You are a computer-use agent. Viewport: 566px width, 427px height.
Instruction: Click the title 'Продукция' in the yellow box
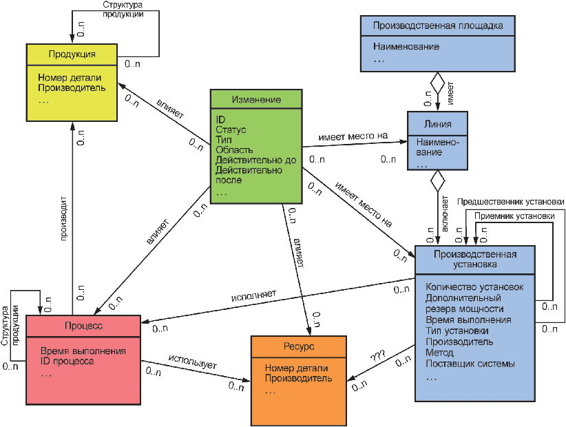[x=72, y=54]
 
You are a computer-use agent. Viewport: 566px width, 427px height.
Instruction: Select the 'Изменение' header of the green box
[x=256, y=99]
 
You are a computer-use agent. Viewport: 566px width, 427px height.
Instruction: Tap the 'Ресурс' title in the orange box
[x=299, y=346]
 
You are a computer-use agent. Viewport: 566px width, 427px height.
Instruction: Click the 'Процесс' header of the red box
[x=83, y=326]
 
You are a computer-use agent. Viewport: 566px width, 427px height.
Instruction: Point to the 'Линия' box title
[x=437, y=124]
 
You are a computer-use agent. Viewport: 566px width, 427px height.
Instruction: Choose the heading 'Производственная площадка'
[x=438, y=25]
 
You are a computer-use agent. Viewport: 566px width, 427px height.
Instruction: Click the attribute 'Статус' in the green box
[x=231, y=129]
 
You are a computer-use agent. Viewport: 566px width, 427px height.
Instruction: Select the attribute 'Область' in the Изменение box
[x=234, y=149]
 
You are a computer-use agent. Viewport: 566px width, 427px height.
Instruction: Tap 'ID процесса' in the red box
[x=67, y=361]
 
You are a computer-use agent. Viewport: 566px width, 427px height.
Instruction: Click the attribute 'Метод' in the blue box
[x=439, y=353]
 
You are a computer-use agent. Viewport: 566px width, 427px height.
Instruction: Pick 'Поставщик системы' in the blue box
[x=470, y=364]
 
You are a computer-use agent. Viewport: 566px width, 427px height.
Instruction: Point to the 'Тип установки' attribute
[x=457, y=331]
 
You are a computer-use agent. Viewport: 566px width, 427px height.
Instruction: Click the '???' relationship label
[x=378, y=356]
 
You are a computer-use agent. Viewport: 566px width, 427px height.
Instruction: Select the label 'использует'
[x=192, y=362]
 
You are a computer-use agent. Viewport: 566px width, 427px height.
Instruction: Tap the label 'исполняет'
[x=253, y=295]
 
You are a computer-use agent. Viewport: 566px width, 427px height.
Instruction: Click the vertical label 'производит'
[x=63, y=218]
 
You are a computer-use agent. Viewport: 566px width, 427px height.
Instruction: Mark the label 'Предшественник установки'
[x=510, y=202]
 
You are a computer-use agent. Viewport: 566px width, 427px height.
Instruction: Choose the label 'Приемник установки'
[x=514, y=216]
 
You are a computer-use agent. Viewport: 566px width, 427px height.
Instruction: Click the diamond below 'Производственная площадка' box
[x=437, y=83]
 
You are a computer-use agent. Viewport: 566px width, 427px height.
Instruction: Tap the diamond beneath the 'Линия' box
[x=438, y=181]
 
